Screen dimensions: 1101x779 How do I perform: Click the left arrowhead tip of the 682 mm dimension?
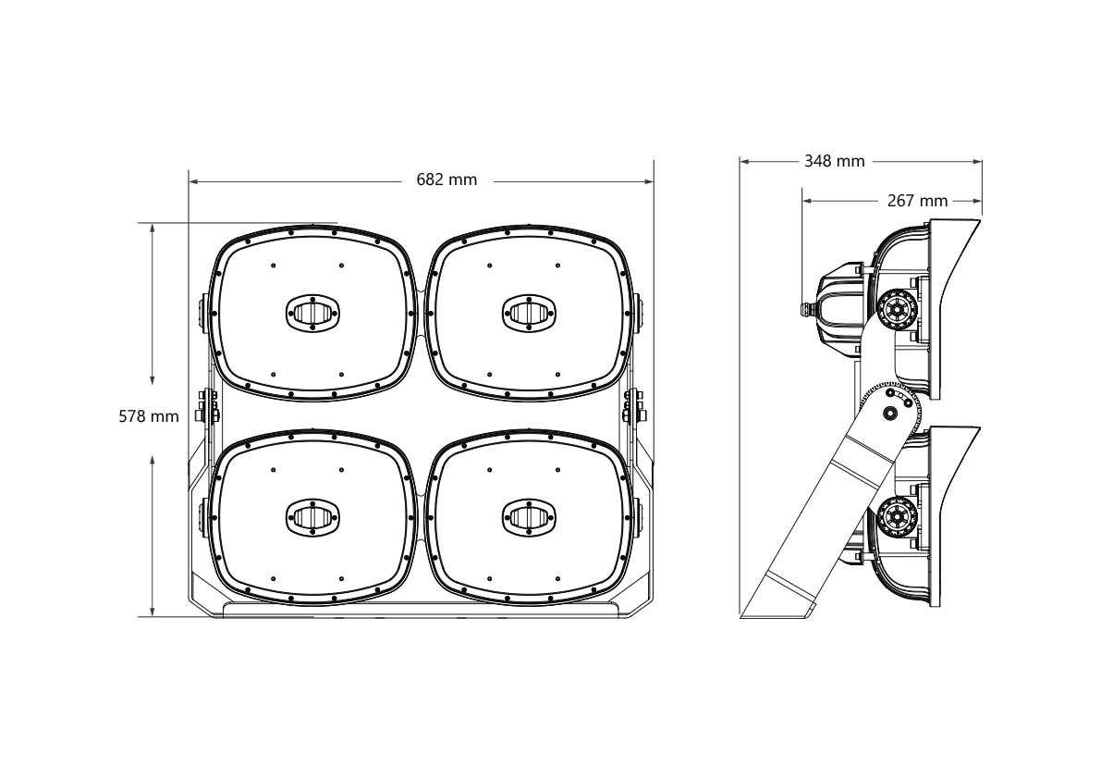click(x=189, y=181)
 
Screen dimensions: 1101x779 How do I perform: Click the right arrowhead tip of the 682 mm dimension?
click(x=653, y=181)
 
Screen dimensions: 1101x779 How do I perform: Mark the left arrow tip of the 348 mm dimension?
click(x=740, y=162)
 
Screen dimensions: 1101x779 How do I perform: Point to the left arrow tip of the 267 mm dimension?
click(x=802, y=201)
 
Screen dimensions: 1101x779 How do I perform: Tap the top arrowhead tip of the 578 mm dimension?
click(x=153, y=224)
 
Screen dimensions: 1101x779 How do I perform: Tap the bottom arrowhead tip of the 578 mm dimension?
click(x=153, y=617)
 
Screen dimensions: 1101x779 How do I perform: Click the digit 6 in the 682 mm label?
click(x=422, y=179)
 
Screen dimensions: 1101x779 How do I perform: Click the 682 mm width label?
click(x=447, y=179)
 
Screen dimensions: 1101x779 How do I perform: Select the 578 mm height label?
click(x=149, y=416)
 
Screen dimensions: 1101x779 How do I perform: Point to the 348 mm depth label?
click(x=834, y=162)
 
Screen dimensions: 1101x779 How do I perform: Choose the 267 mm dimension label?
click(x=918, y=201)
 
